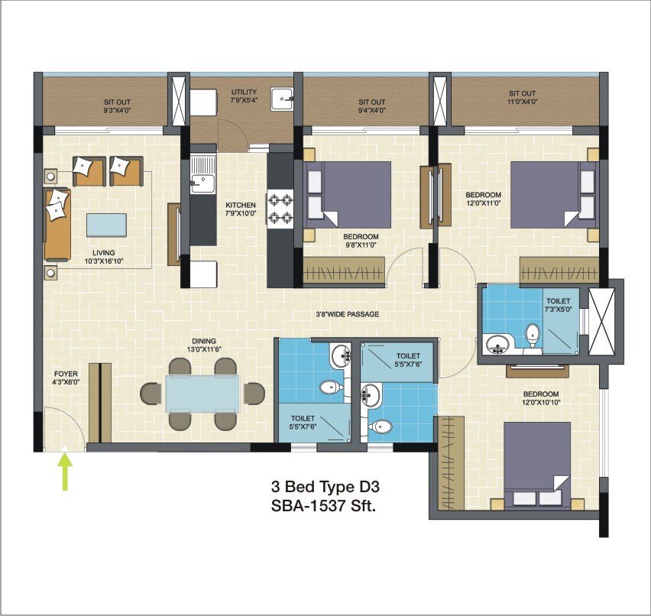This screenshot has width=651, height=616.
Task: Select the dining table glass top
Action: pyautogui.click(x=202, y=394)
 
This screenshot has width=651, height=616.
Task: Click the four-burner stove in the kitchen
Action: pyautogui.click(x=280, y=209)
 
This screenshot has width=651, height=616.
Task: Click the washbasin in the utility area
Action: pyautogui.click(x=283, y=96)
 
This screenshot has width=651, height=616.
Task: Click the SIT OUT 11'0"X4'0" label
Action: pyautogui.click(x=523, y=97)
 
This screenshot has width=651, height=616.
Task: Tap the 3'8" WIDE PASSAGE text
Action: pyautogui.click(x=348, y=314)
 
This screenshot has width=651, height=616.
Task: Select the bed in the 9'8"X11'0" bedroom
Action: pyautogui.click(x=348, y=195)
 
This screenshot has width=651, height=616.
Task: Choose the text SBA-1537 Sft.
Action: pyautogui.click(x=324, y=505)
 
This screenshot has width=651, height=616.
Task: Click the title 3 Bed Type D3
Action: pyautogui.click(x=324, y=486)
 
